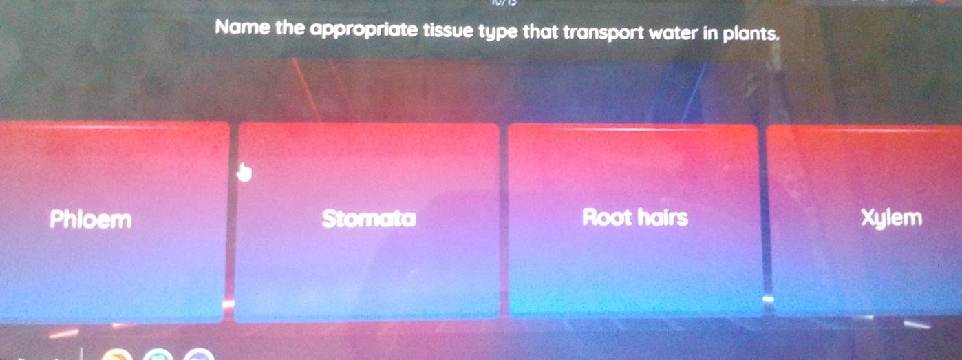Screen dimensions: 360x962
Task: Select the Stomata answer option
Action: click(x=369, y=220)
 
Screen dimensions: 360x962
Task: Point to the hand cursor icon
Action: click(x=244, y=172)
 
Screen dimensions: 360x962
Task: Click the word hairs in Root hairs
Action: click(x=661, y=218)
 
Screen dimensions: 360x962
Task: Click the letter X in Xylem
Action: click(x=867, y=218)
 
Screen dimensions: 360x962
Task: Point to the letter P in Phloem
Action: click(x=56, y=220)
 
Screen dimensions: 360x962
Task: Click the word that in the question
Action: click(x=541, y=31)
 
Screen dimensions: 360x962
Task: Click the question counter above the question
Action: click(x=501, y=3)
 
